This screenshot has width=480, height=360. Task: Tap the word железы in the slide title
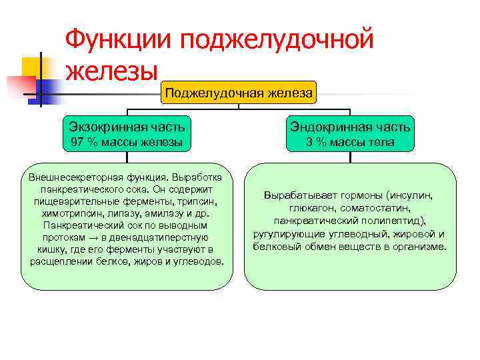click(112, 69)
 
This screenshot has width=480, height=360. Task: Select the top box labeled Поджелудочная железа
click(239, 93)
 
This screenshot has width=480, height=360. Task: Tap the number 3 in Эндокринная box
click(309, 142)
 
